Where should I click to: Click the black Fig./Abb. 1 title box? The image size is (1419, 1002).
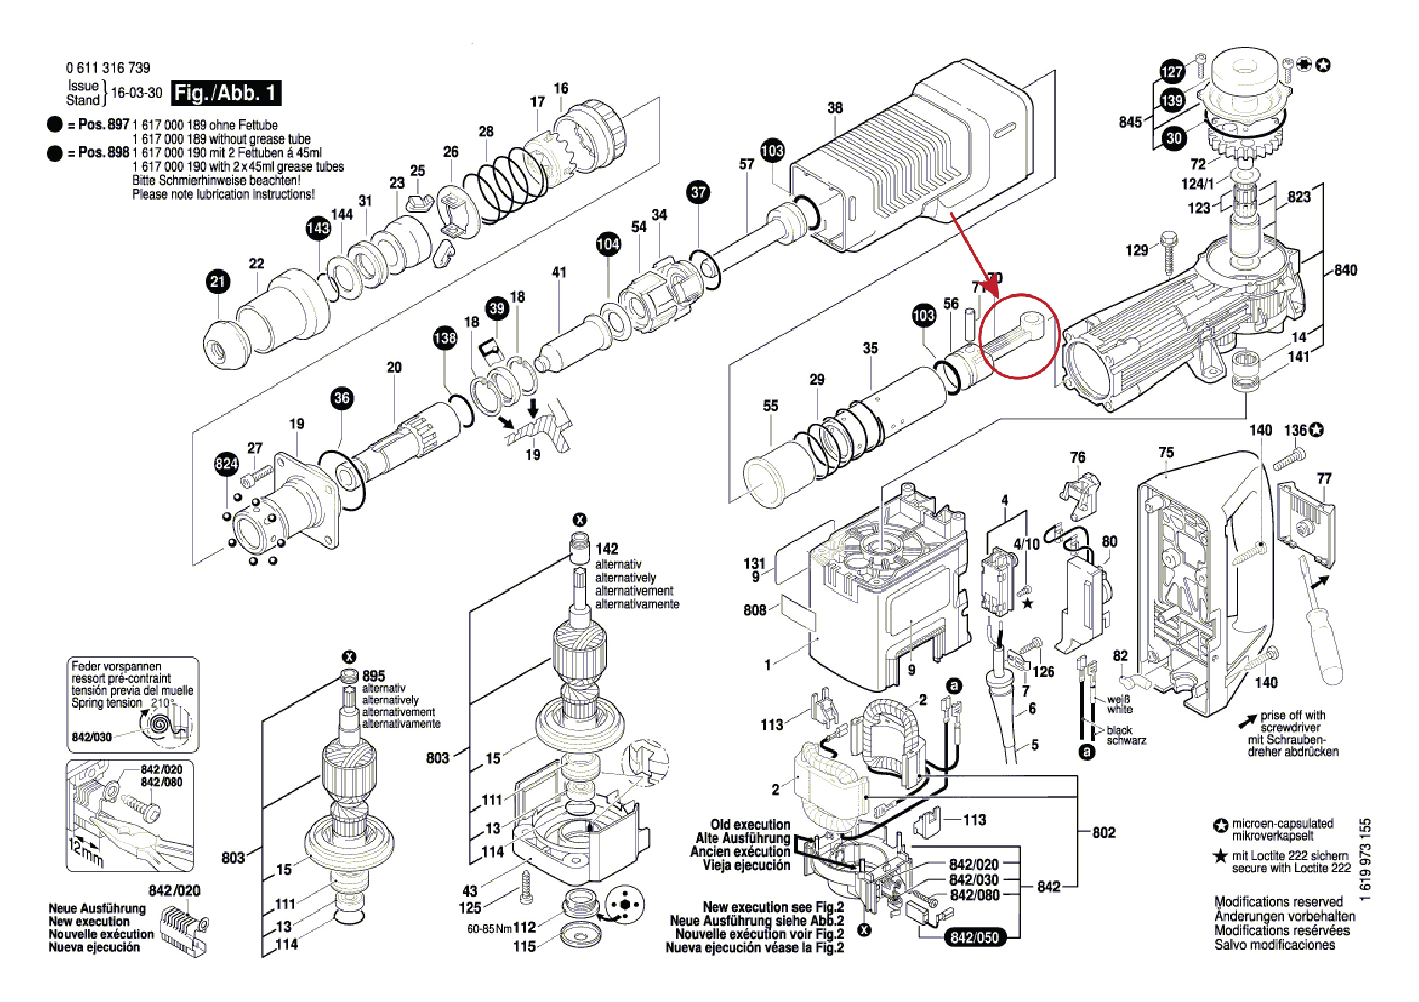(225, 93)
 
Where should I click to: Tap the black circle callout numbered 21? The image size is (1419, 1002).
(218, 282)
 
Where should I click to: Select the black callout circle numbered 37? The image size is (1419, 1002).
(698, 192)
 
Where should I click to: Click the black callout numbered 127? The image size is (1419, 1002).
(1172, 72)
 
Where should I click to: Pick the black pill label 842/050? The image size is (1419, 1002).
(974, 937)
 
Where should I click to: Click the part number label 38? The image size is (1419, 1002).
(835, 108)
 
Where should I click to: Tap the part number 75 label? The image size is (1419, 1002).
(1166, 452)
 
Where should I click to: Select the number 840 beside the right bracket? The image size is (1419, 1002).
(1345, 270)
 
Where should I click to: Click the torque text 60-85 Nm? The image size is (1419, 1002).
(490, 929)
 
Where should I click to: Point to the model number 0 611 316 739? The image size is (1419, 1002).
(108, 67)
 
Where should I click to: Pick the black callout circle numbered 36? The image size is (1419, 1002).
(342, 398)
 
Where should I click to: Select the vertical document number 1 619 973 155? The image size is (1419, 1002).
(1366, 859)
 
